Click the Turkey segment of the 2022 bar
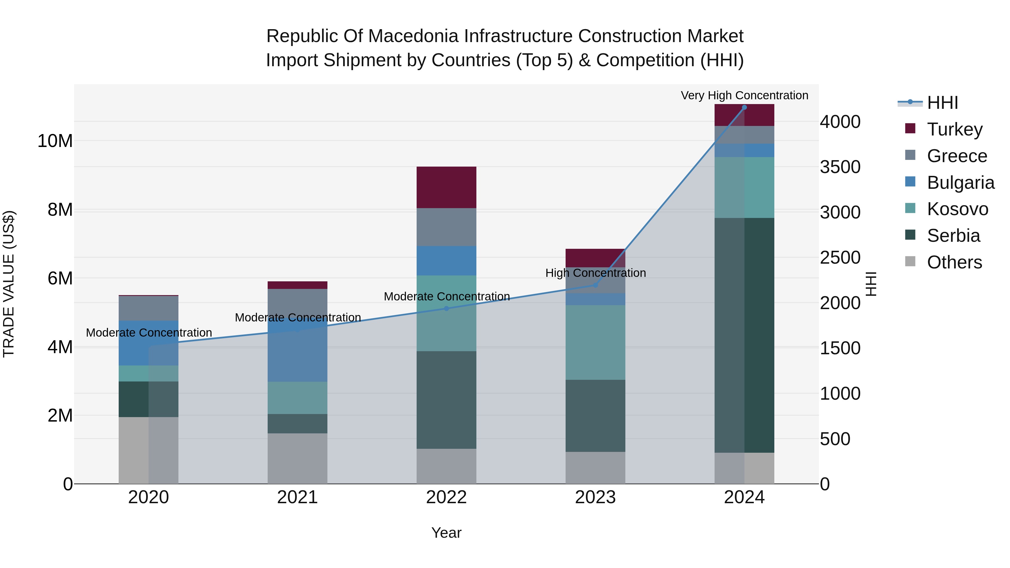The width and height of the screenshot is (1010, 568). tap(446, 187)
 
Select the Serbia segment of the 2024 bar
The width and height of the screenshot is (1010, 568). tap(744, 335)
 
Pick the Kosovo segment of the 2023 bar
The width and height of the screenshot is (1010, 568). tap(595, 342)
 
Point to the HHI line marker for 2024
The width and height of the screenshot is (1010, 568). tap(744, 107)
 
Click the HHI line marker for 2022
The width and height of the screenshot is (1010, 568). tap(446, 309)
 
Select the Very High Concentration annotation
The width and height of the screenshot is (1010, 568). tap(744, 96)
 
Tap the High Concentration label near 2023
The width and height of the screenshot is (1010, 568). tap(595, 273)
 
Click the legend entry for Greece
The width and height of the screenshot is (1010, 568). tap(957, 156)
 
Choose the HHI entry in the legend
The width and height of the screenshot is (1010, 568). tap(942, 103)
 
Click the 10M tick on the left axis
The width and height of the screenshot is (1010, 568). tap(55, 141)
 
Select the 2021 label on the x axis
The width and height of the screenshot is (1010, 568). tap(297, 497)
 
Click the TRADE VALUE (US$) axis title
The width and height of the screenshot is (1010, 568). tap(9, 284)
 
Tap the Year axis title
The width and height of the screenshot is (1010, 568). tap(446, 533)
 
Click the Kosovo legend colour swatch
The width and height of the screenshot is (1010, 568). tap(910, 208)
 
